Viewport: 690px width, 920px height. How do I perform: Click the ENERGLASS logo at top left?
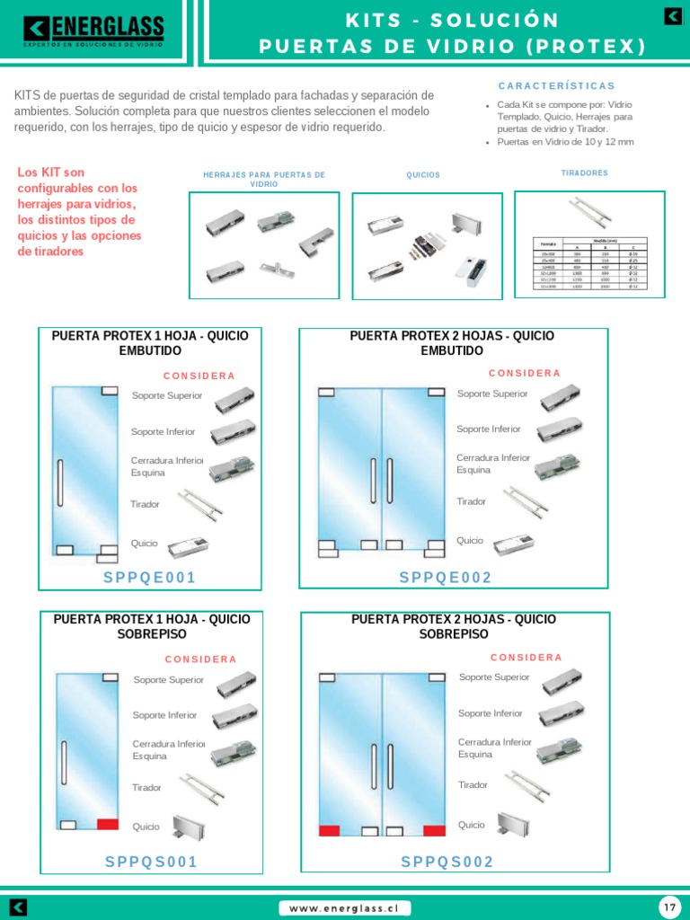point(94,31)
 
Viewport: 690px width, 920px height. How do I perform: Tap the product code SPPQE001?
point(149,578)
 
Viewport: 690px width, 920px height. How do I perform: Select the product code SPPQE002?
point(446,578)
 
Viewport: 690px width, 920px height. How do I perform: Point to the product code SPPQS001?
point(151,862)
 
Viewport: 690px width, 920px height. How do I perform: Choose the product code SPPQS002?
point(447,862)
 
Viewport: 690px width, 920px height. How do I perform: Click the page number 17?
point(669,907)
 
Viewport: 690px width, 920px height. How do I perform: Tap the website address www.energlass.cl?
point(344,908)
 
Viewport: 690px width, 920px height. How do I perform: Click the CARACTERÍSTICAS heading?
point(557,86)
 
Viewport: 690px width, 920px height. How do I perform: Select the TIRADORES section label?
point(584,172)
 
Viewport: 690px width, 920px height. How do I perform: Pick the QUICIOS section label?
point(423,175)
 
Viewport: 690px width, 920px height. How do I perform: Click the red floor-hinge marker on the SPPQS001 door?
point(108,824)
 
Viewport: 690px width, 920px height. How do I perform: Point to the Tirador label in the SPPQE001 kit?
point(145,504)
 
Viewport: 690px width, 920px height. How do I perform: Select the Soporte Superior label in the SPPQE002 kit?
point(492,394)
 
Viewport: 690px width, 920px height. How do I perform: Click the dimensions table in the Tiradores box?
point(588,264)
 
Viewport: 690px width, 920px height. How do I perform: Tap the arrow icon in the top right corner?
point(672,16)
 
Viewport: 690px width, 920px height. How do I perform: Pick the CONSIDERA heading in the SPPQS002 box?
point(526,658)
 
